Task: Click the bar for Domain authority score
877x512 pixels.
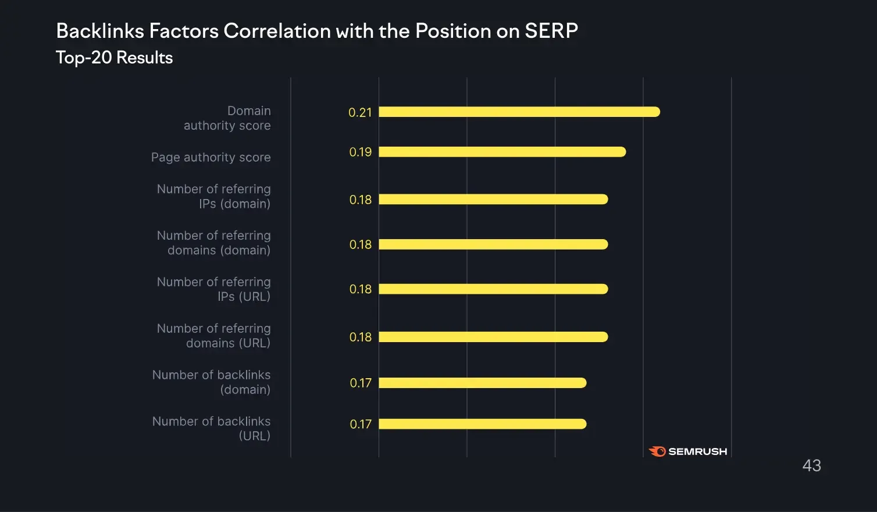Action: click(x=519, y=112)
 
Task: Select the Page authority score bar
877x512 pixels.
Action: click(x=502, y=152)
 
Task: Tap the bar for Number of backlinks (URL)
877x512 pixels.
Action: click(x=482, y=424)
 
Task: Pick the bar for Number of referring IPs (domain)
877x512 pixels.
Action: click(x=493, y=200)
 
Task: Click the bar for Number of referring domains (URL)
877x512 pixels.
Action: click(x=493, y=337)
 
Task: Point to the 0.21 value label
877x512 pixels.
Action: click(x=360, y=112)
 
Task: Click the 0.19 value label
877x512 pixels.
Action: click(x=360, y=152)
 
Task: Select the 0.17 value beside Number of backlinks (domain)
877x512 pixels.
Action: click(x=361, y=383)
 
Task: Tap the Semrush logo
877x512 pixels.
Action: click(x=688, y=451)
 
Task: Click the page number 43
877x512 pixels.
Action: click(x=811, y=465)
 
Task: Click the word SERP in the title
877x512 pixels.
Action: click(x=551, y=31)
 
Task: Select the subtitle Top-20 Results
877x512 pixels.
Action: click(x=114, y=58)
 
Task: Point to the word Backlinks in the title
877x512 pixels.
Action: click(x=99, y=31)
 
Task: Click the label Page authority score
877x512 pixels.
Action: click(x=211, y=157)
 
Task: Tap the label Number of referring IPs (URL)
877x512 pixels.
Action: click(x=214, y=289)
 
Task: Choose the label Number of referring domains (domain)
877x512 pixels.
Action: click(x=214, y=243)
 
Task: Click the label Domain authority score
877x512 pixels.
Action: click(x=227, y=118)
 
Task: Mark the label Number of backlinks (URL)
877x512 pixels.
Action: click(x=212, y=428)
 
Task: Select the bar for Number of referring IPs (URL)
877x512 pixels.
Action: click(x=493, y=289)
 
